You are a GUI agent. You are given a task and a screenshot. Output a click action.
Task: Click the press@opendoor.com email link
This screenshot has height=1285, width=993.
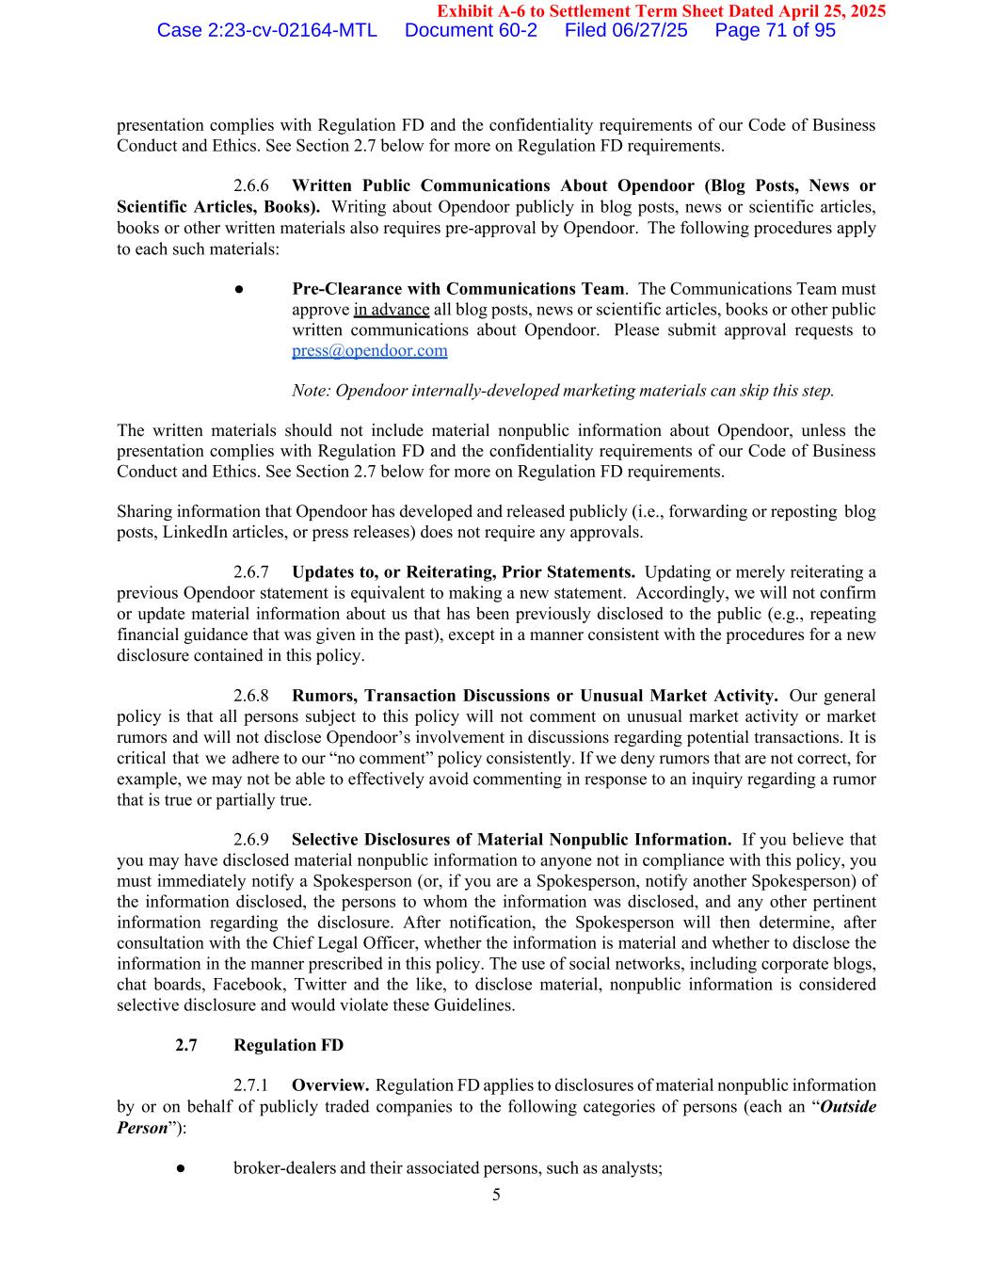point(369,351)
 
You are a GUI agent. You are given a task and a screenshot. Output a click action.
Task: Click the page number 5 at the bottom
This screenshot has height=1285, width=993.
point(496,1196)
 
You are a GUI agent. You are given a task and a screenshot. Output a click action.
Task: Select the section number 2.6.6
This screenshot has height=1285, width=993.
point(251,186)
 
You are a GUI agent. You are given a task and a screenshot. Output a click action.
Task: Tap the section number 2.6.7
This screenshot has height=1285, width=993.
point(251,572)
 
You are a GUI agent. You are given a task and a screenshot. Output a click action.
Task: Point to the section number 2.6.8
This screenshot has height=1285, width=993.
point(251,697)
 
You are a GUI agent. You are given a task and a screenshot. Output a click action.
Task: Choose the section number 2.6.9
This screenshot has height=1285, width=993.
point(251,840)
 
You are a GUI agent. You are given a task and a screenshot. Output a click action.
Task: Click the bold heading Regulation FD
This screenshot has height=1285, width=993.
point(288,1046)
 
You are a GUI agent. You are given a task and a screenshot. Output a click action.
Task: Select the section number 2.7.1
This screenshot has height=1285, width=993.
point(251,1086)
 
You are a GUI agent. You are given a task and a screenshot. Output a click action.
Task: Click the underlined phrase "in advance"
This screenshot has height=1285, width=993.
point(392,310)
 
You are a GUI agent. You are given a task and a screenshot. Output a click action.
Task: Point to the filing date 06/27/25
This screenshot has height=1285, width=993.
point(652,30)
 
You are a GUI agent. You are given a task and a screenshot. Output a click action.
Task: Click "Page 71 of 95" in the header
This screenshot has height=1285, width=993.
point(775,30)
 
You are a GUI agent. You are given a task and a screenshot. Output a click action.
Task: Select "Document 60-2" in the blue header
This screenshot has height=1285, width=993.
point(471,30)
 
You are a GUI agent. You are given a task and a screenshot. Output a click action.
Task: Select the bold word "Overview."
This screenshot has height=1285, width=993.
point(329,1086)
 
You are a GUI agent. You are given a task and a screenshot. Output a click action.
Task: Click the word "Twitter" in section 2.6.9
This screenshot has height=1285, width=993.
point(319,985)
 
